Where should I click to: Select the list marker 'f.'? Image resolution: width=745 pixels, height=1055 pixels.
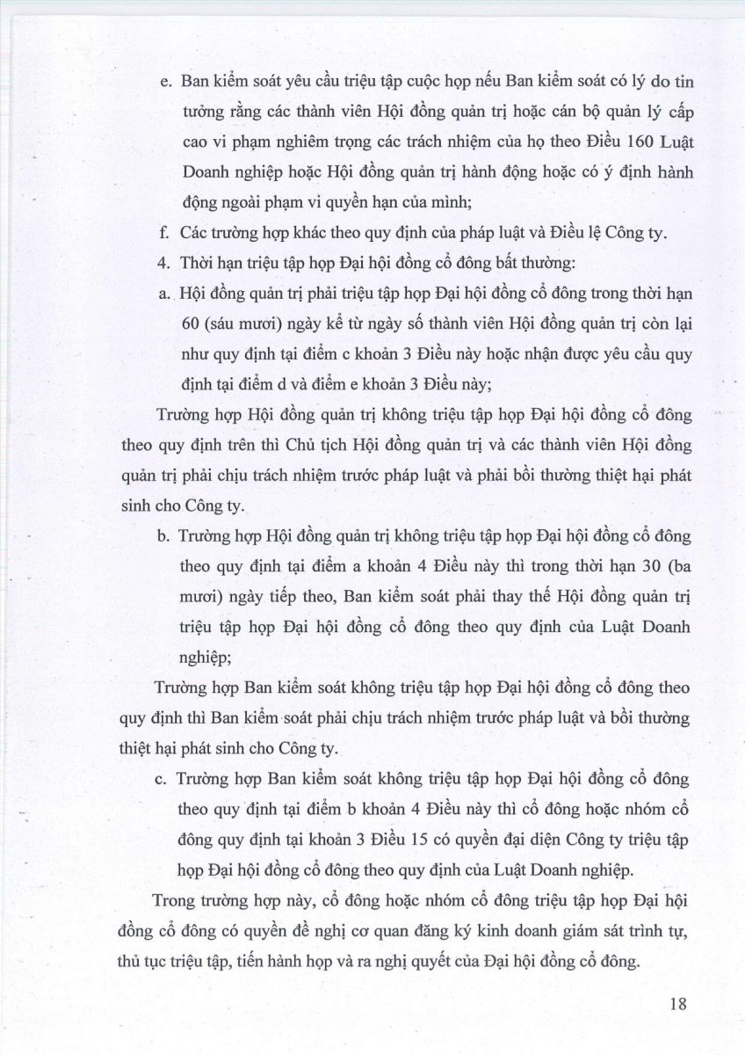tap(164, 233)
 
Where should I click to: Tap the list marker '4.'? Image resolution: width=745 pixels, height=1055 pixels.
tap(164, 263)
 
